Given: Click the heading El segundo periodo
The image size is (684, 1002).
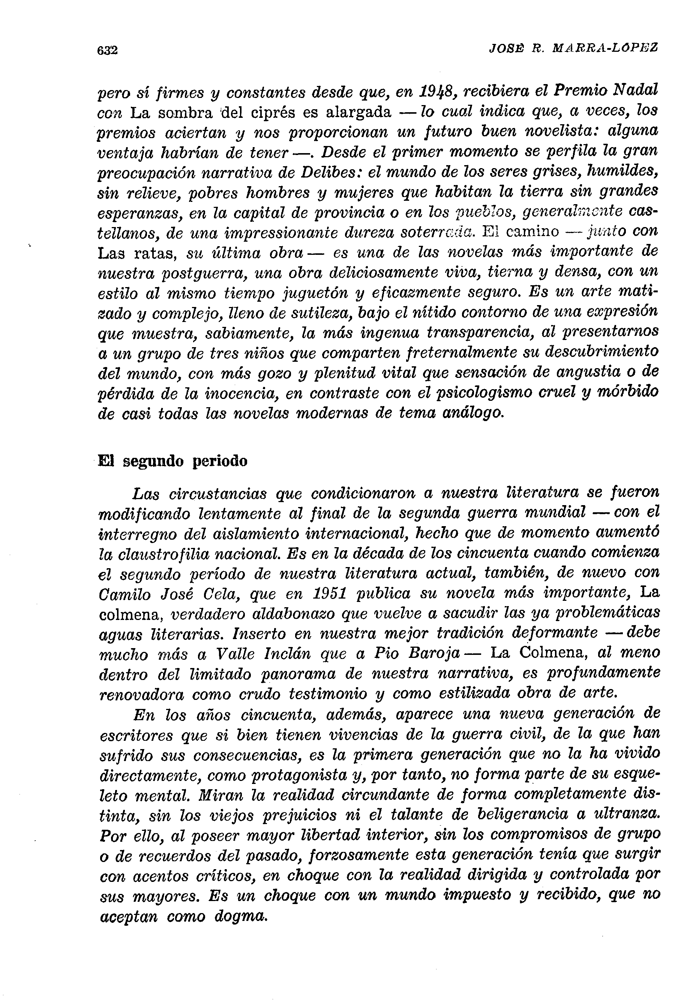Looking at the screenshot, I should tap(173, 461).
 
